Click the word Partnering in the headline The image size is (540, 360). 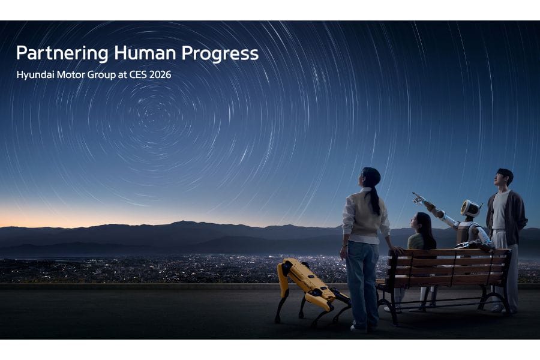click(x=62, y=53)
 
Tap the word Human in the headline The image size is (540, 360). click(x=145, y=53)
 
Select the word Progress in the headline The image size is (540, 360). click(x=220, y=53)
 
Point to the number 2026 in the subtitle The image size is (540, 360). click(x=160, y=75)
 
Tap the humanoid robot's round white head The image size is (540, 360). click(x=471, y=208)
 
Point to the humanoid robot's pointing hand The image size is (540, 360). click(x=418, y=198)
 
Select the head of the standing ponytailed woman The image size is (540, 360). click(x=369, y=177)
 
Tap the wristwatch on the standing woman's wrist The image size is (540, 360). click(x=343, y=245)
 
